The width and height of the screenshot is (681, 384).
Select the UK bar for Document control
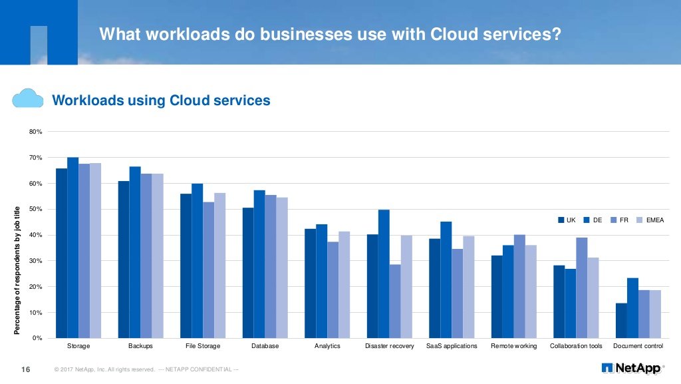(621, 321)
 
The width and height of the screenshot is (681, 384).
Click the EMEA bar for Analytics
(344, 285)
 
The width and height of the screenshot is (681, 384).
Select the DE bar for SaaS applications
(446, 280)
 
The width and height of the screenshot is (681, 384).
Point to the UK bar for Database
(248, 273)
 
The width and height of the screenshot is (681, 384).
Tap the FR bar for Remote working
(519, 286)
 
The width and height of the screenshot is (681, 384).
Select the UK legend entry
(567, 220)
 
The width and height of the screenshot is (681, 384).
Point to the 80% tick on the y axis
(35, 132)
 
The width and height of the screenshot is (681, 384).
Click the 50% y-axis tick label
(35, 210)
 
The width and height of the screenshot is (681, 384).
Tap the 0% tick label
(37, 339)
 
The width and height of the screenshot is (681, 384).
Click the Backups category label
(140, 347)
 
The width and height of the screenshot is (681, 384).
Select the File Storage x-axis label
(203, 347)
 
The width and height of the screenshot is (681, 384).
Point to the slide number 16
(27, 369)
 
